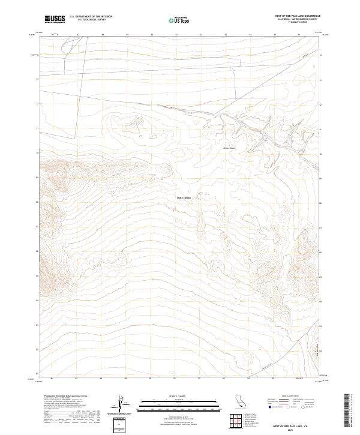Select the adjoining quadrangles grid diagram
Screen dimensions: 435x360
click(236, 419)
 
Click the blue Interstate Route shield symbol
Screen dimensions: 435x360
click(271, 406)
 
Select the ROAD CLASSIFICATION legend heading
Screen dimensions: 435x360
click(291, 397)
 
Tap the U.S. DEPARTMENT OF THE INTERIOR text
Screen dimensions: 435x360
click(91, 17)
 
